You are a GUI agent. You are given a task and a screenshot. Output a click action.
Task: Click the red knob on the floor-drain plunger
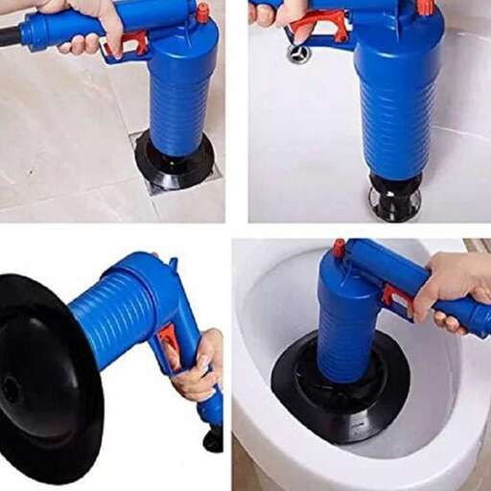[202, 13]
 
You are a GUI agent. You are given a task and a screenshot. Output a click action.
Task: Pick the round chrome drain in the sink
[298, 54]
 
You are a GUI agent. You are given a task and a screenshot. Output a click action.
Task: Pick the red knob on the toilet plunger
[339, 248]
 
